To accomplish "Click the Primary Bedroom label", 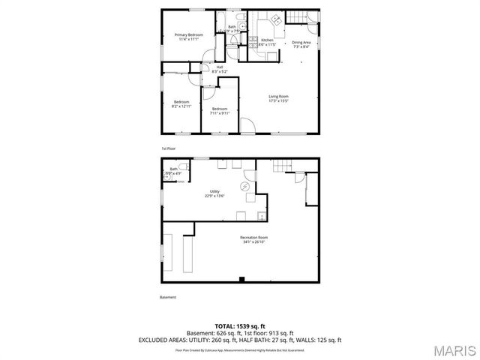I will (x=189, y=35).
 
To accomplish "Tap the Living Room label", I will (x=279, y=96).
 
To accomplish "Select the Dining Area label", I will (x=302, y=42).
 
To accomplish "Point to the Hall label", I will (x=220, y=67).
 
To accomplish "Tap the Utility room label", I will (x=214, y=192).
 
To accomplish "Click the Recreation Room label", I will (x=253, y=238).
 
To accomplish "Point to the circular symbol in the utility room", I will (x=244, y=187).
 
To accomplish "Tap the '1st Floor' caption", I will (x=168, y=148).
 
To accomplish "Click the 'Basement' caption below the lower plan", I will (x=169, y=297).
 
